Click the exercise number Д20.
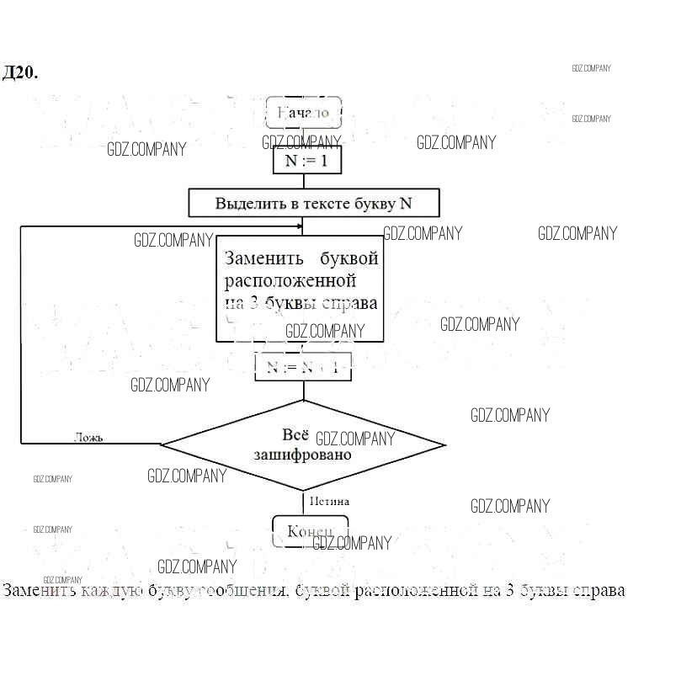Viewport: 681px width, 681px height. click(x=20, y=73)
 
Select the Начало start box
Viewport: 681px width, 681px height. click(x=303, y=112)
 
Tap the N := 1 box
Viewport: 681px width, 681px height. click(x=306, y=160)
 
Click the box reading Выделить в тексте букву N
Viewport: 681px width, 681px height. click(x=314, y=203)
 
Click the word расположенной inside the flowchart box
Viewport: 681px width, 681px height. click(x=290, y=280)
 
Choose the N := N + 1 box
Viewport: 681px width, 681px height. click(x=303, y=367)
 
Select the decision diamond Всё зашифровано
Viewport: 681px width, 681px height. click(x=303, y=444)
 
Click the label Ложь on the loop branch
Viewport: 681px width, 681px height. click(x=88, y=437)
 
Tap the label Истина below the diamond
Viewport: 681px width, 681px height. click(x=329, y=501)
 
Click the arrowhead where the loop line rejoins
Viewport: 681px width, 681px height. click(x=299, y=226)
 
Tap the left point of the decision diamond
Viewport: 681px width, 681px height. click(x=162, y=444)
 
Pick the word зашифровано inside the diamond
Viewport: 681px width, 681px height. click(x=303, y=454)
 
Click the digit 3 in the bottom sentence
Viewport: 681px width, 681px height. click(x=510, y=590)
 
